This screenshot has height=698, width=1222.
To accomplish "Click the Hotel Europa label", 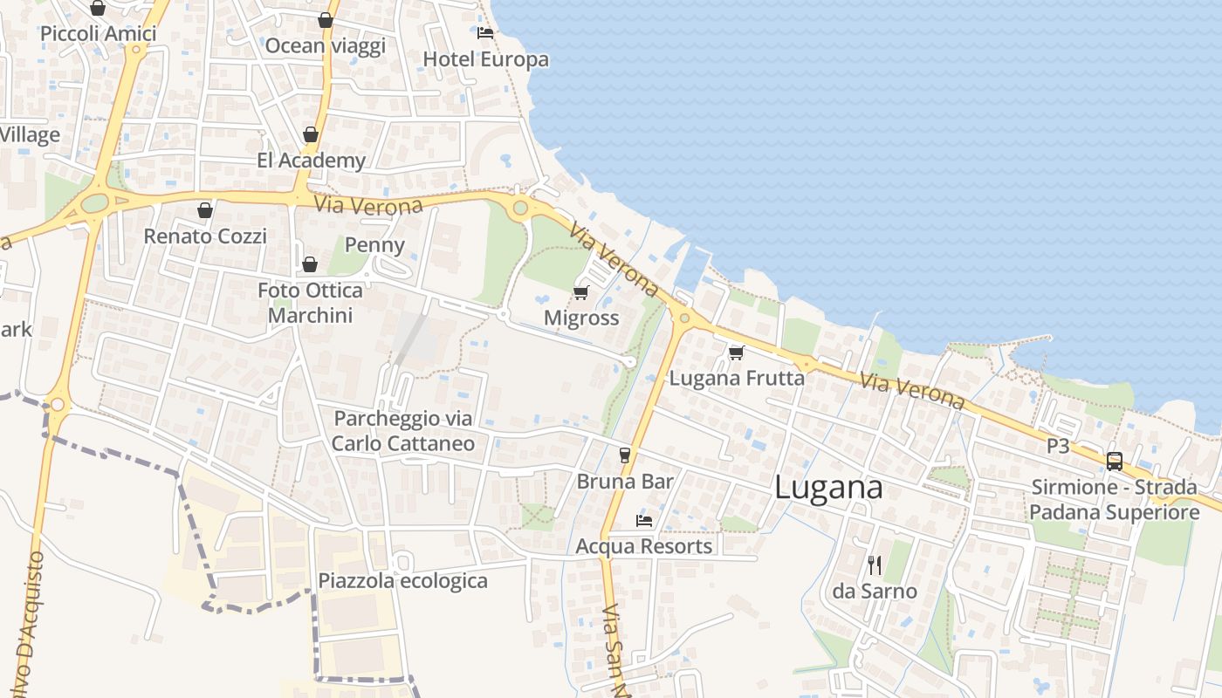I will point(485,59).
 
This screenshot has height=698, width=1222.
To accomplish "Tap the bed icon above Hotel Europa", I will point(485,33).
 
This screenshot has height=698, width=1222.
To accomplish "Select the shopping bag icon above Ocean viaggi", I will point(326,20).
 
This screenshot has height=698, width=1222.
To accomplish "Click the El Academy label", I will point(311,161).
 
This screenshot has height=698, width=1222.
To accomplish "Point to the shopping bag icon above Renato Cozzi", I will point(204,210).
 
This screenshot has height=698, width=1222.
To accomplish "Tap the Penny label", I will point(374,244).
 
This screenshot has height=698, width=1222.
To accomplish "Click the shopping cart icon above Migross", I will point(581,292).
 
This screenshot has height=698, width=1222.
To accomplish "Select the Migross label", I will point(581,318).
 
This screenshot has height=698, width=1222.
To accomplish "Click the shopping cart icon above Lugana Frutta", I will point(736,352).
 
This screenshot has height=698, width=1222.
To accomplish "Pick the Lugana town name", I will point(828,489).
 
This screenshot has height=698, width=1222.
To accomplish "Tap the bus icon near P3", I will point(1115,461).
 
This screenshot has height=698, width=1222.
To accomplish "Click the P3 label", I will point(1058,446).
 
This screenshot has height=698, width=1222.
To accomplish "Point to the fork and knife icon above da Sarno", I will point(875,565).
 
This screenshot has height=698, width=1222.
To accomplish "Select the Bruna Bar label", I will point(625,481).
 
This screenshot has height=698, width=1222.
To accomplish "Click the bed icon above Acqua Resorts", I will point(644,521).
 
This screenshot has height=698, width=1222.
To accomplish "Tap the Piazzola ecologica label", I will point(402,581).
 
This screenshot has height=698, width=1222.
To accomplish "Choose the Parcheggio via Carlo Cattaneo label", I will point(403,431).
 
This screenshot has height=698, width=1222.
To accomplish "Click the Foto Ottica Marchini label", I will point(311,303).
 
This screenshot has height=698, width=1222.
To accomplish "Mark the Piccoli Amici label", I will point(99,34).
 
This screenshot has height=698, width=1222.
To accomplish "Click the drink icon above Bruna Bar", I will point(624,455).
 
